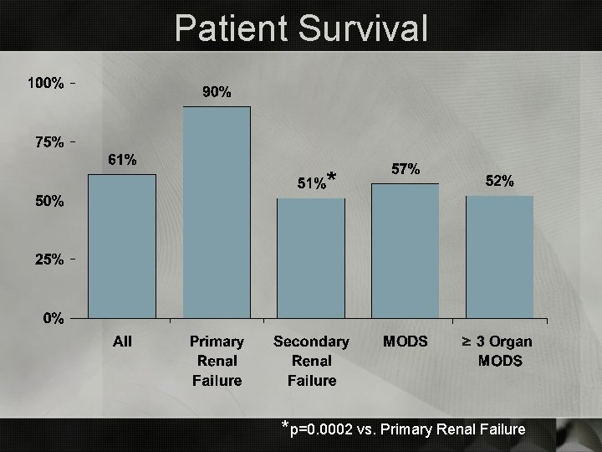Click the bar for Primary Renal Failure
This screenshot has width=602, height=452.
[217, 213]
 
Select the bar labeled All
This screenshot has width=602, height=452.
[122, 246]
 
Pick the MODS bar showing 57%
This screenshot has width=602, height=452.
[406, 251]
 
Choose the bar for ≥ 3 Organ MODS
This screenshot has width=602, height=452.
[500, 257]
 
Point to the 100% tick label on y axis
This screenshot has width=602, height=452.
[46, 84]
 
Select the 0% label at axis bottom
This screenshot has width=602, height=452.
[54, 318]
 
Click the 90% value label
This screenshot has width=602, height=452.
[217, 92]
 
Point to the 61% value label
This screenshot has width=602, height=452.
[123, 160]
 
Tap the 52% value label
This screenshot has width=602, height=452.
[500, 181]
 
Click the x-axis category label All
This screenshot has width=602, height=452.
[123, 342]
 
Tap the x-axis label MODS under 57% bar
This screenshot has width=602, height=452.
[406, 342]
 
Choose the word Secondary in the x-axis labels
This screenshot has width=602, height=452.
[311, 342]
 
